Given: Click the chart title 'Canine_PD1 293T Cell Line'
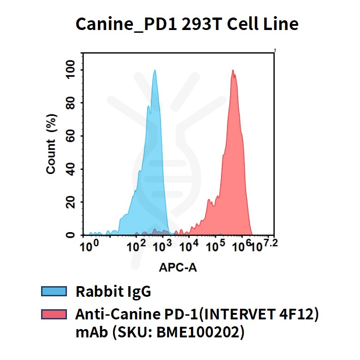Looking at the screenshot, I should (186, 24).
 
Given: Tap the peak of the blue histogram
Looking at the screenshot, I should (155, 71).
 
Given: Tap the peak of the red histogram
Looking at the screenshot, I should (233, 71).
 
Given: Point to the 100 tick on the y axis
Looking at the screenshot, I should (71, 70).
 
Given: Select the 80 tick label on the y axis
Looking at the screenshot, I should (71, 103).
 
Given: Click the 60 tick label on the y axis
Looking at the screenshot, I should (71, 136).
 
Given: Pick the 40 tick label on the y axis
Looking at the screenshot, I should (71, 169).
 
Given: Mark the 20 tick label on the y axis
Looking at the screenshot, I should (71, 202).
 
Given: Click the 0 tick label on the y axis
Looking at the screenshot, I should (71, 235).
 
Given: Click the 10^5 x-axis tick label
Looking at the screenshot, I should (214, 246).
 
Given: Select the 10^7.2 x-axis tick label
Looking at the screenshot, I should (265, 245).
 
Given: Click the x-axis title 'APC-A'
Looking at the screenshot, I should (178, 267).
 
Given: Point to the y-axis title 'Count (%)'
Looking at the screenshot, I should (51, 145).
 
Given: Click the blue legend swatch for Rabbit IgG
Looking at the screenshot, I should (54, 291).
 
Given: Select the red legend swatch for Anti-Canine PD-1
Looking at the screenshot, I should (54, 314).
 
